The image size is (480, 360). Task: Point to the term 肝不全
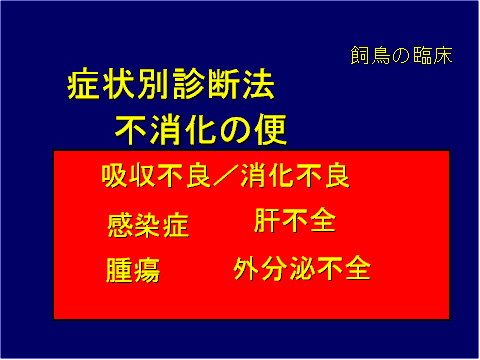pyautogui.click(x=295, y=220)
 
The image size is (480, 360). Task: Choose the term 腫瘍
pyautogui.click(x=133, y=270)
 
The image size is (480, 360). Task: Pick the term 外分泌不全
pyautogui.click(x=302, y=268)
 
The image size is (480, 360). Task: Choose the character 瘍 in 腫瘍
pyautogui.click(x=147, y=270)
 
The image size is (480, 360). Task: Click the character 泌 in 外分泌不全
pyautogui.click(x=302, y=268)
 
